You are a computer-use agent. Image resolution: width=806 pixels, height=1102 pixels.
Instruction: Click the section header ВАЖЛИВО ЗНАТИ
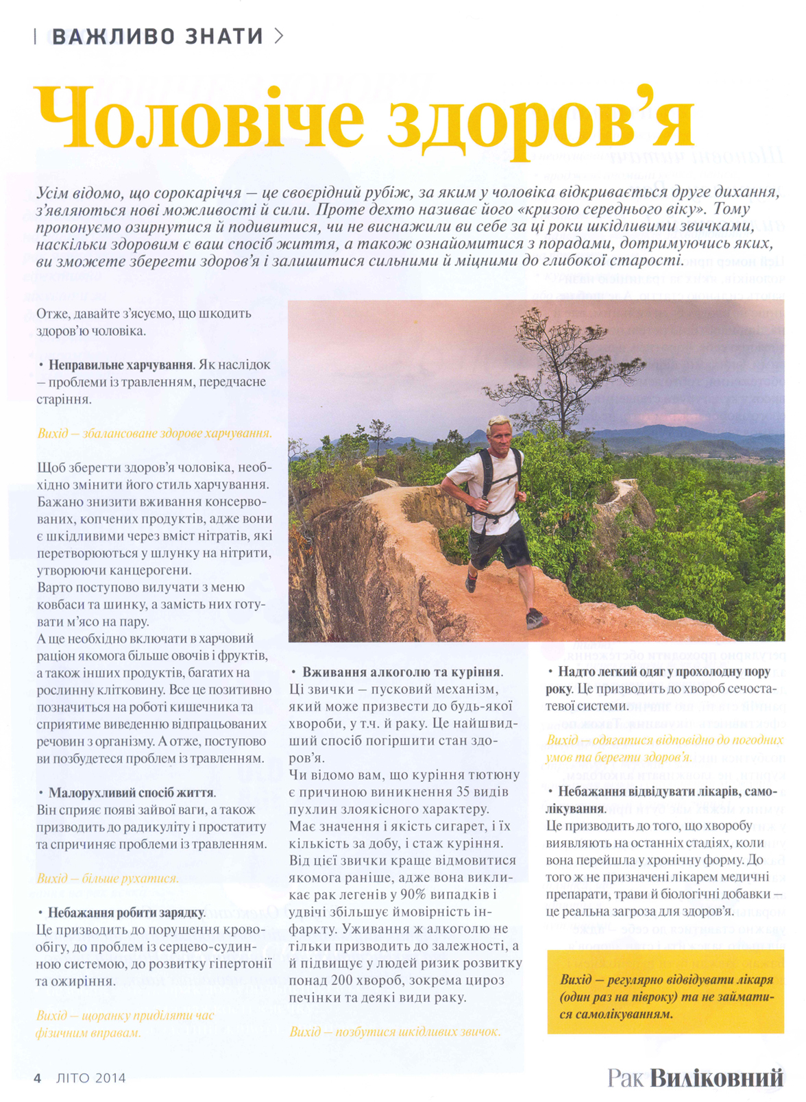[158, 36]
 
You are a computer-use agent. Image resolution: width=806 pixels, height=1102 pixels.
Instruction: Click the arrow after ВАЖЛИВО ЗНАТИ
[278, 36]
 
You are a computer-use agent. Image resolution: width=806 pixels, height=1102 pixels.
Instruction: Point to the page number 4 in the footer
[38, 1078]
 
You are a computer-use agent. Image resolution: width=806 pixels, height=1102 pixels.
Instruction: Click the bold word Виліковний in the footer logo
[716, 1077]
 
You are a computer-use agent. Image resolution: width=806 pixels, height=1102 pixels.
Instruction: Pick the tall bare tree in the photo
[541, 363]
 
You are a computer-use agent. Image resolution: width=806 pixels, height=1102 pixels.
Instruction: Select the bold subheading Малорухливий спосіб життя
[131, 793]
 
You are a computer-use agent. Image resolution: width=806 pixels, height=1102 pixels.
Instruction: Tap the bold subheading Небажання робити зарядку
[126, 913]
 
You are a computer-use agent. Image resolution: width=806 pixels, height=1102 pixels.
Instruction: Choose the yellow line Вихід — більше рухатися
[108, 879]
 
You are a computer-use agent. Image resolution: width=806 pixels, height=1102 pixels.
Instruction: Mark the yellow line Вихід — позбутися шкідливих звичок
[395, 1031]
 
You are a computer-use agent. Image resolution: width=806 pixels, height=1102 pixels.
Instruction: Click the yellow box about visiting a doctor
[665, 991]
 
